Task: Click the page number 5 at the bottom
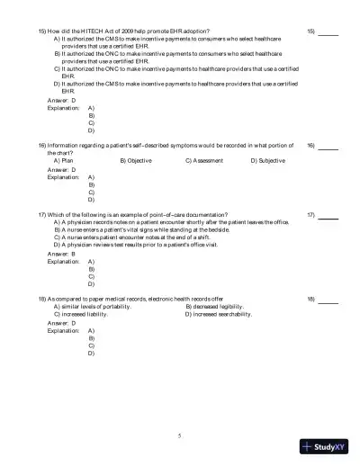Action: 179,435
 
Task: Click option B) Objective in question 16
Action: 136,161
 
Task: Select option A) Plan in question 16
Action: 65,161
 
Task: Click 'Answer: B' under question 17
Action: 61,254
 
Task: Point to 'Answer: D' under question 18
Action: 61,323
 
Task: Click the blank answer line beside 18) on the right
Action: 328,299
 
